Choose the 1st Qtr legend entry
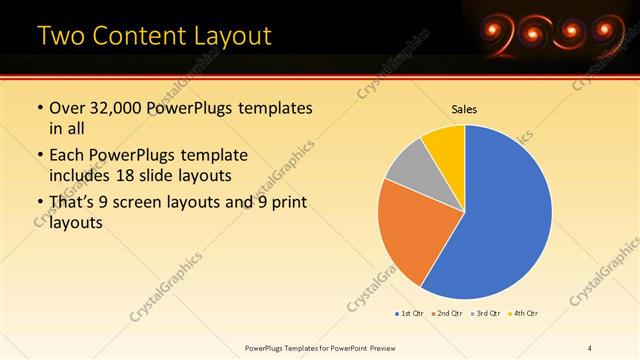click(410, 314)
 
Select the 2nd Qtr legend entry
click(447, 314)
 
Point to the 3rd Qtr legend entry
click(485, 314)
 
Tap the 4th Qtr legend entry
click(523, 314)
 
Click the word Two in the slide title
click(62, 36)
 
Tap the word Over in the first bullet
click(67, 108)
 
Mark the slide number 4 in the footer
click(590, 347)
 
